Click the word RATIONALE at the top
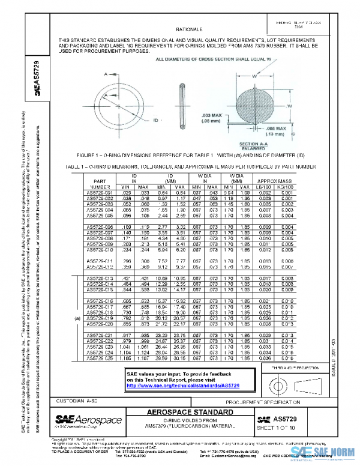coord(188,29)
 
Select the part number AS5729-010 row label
coord(100,249)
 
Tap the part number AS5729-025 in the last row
coord(100,357)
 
